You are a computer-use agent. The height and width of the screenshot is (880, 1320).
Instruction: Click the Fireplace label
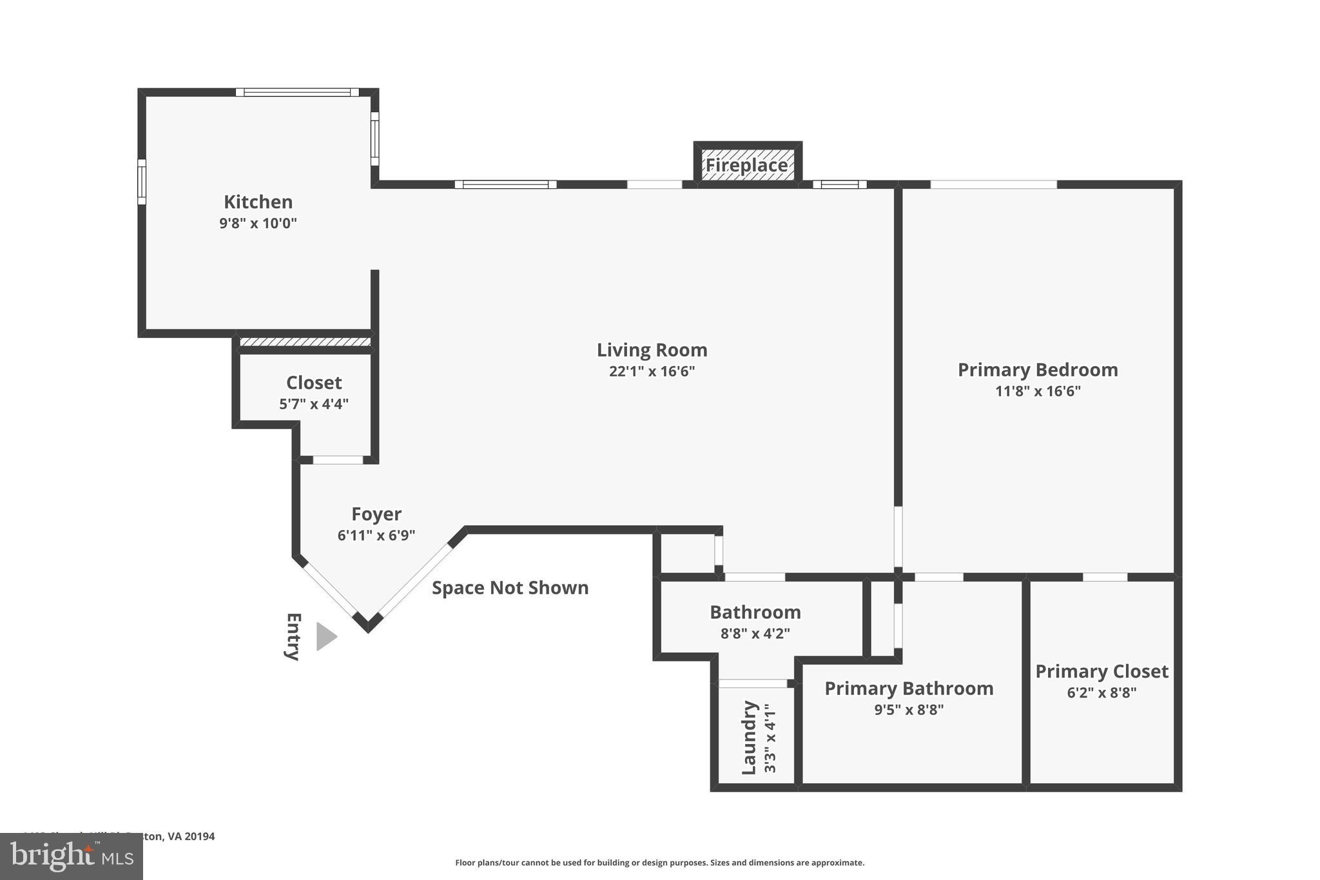746,166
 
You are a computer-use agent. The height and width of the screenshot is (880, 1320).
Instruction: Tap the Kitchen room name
258,202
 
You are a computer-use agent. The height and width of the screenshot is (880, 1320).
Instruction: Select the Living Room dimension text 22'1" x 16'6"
652,371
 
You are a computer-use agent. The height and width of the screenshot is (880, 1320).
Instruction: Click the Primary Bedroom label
1037,369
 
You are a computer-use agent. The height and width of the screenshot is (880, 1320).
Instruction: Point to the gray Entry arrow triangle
325,636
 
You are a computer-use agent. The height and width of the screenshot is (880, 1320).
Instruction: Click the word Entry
293,636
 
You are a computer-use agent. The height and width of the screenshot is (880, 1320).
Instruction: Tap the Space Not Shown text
510,588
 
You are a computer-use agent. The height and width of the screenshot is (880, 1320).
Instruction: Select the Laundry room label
748,738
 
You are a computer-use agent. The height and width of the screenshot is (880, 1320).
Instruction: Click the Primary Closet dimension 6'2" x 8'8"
1102,693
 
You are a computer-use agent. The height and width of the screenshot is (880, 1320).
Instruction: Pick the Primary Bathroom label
909,689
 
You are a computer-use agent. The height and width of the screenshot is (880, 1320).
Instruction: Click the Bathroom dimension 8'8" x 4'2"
755,633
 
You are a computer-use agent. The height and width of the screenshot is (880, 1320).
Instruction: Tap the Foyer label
376,514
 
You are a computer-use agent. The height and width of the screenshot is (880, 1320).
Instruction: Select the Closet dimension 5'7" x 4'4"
313,404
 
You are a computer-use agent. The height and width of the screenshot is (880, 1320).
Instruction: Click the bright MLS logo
72,856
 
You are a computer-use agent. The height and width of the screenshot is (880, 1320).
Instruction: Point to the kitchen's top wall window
297,92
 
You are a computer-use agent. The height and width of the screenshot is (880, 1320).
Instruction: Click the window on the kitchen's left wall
142,182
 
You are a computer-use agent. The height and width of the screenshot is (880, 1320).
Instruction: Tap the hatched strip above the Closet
305,342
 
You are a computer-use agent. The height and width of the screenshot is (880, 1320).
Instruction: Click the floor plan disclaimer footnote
659,863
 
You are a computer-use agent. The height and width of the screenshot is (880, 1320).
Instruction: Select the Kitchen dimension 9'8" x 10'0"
258,224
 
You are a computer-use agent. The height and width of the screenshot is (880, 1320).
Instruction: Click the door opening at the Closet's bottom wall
338,460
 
